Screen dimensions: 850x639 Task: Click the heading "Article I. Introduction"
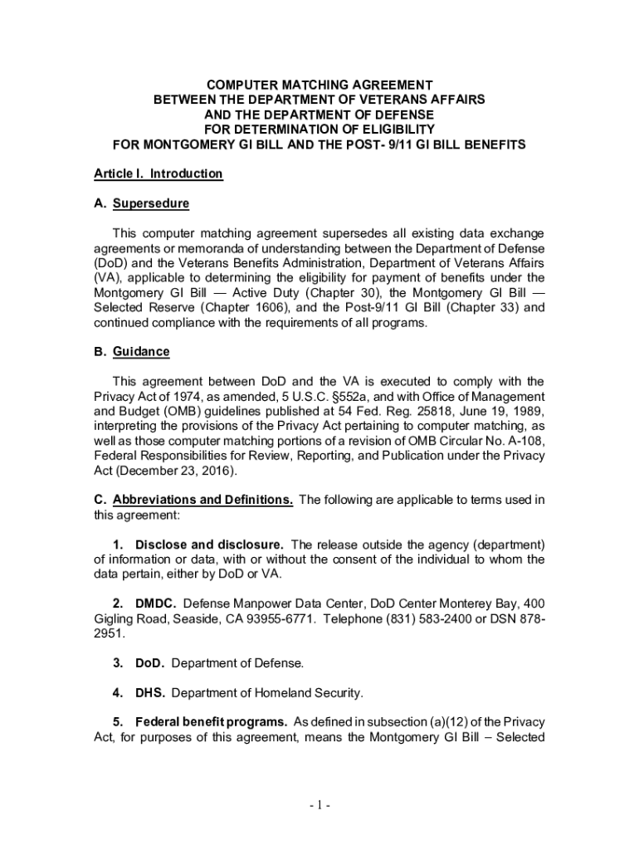pyautogui.click(x=158, y=174)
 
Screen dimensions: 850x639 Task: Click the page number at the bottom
pyautogui.click(x=319, y=805)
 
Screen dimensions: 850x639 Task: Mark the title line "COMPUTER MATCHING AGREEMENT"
pyautogui.click(x=319, y=85)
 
